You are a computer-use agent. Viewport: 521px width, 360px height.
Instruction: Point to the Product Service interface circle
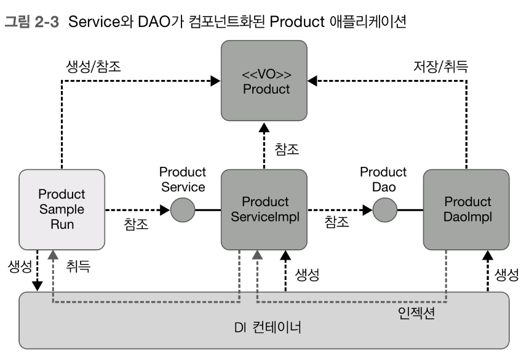coord(182,210)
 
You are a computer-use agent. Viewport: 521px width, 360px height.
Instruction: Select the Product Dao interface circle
coord(384,210)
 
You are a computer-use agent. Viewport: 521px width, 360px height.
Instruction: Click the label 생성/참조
coord(93,66)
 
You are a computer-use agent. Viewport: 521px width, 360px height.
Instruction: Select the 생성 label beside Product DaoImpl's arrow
coord(506,274)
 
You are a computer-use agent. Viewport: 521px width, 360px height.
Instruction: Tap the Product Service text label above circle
coord(182,180)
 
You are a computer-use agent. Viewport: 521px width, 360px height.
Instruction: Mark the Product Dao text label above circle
coord(384,180)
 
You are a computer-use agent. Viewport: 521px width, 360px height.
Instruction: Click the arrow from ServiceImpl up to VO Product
coord(264,147)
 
